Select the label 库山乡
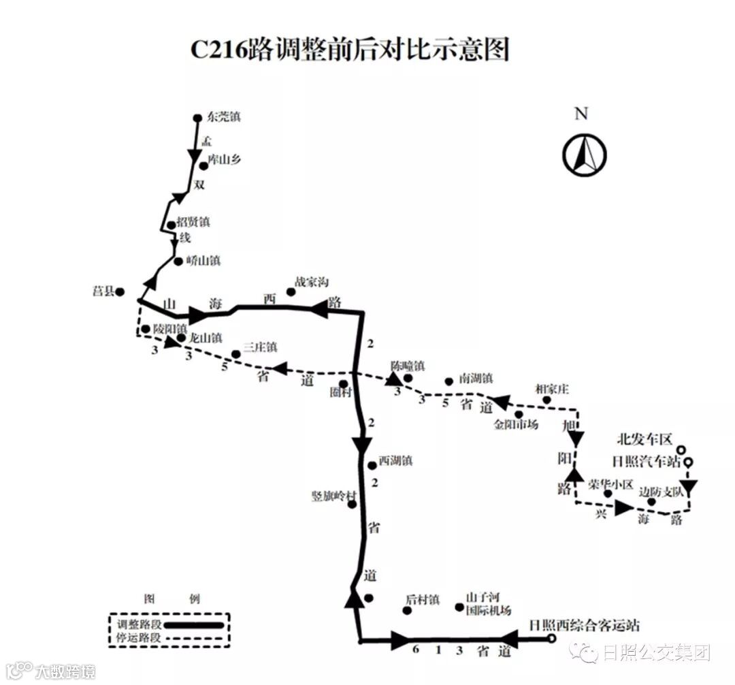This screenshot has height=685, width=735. point(225,161)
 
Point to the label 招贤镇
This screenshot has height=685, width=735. point(193,222)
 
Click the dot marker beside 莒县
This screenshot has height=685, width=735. point(120,292)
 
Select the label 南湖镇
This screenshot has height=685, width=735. point(476,378)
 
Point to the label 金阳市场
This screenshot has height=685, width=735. point(516,426)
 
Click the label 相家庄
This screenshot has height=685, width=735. point(552,389)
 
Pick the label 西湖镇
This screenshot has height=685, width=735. point(395,461)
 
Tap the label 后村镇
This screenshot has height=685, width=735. point(423,601)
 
